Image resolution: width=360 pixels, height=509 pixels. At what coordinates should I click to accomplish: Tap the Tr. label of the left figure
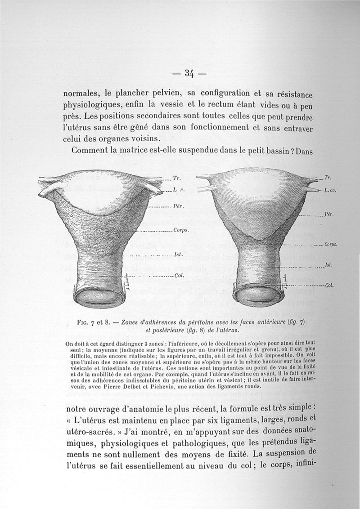(x=170, y=179)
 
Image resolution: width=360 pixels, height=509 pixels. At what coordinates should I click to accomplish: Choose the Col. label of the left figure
(x=178, y=276)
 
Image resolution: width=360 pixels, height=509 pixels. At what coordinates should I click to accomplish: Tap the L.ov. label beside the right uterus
(x=330, y=191)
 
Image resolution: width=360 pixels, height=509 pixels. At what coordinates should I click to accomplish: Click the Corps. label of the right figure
(x=331, y=246)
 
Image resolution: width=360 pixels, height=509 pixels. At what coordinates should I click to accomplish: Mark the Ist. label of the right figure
(x=329, y=265)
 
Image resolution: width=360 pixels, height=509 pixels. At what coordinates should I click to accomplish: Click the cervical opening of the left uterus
(x=99, y=299)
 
